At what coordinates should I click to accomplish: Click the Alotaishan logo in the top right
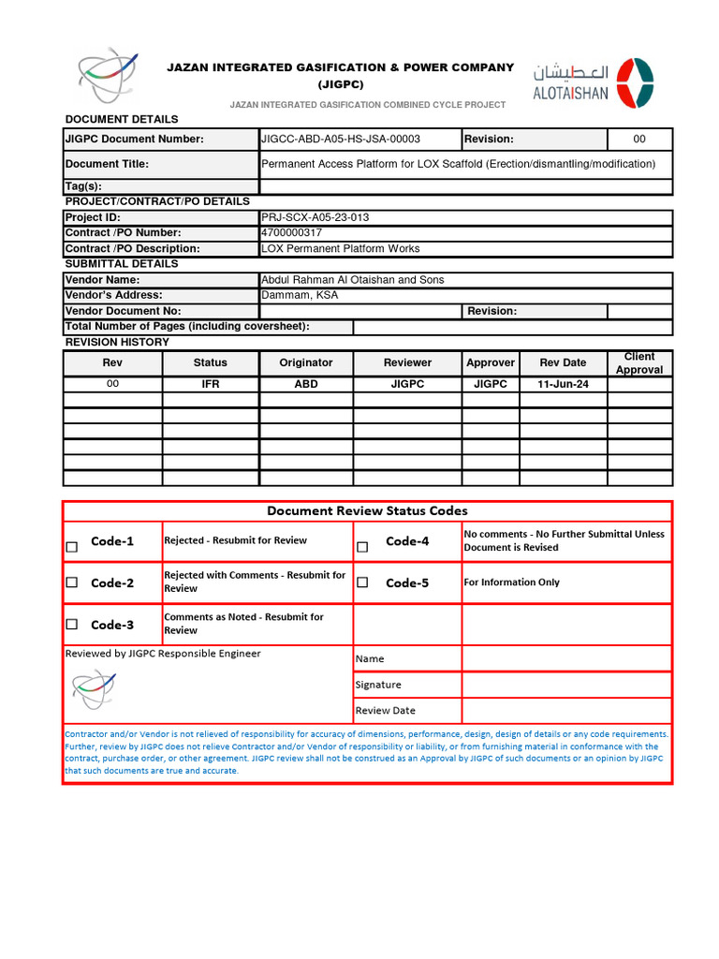tap(594, 82)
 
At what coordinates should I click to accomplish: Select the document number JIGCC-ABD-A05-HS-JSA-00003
tap(341, 140)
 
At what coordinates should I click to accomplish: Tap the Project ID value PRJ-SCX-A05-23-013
tap(315, 217)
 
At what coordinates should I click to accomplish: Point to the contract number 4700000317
tap(293, 232)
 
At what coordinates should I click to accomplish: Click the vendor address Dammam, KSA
tap(300, 295)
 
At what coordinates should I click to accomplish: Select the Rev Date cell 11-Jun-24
tap(562, 384)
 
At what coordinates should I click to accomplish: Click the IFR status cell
tap(211, 384)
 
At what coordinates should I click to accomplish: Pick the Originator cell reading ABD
tap(306, 384)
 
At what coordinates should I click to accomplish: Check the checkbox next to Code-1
tap(72, 547)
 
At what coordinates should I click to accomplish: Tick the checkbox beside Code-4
tap(362, 547)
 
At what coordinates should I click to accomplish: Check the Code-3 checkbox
tap(72, 625)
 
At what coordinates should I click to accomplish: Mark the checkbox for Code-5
tap(362, 583)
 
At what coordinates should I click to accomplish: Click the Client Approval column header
tap(638, 363)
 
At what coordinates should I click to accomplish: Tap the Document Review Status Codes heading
tap(367, 510)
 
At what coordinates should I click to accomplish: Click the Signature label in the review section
tap(378, 685)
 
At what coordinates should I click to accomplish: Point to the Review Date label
tap(385, 710)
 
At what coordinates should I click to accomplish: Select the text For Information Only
tap(511, 583)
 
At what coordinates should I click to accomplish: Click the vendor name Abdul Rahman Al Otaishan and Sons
tap(352, 280)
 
